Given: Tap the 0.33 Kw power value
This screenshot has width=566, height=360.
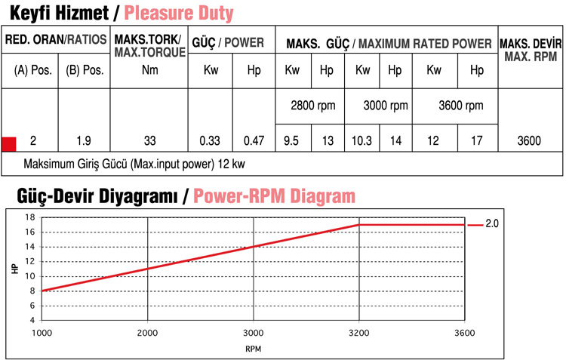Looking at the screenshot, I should point(209,140).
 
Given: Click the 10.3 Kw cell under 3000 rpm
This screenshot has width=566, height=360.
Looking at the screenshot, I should point(362,140).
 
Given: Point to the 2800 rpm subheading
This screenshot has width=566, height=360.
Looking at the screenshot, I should point(313,106).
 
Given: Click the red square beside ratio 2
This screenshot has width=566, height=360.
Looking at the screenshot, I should point(9,143).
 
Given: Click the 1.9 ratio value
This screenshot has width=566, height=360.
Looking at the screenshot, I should point(85,140).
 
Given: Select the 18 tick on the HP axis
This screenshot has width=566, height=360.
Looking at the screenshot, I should point(31,217).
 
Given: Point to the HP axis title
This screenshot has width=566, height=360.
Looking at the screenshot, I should point(15,268).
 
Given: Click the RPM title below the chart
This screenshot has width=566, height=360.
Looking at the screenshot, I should point(254,349).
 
